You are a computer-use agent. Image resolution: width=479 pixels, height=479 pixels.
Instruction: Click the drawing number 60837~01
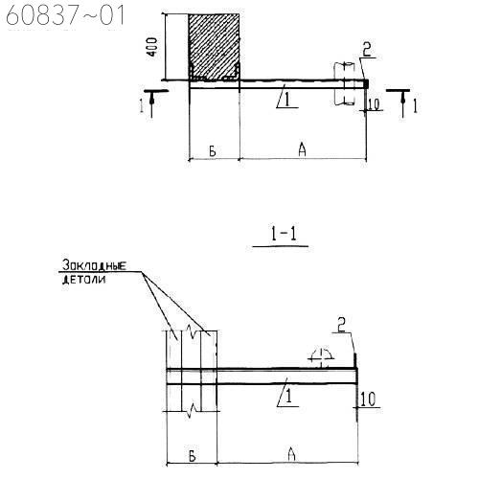point(65,15)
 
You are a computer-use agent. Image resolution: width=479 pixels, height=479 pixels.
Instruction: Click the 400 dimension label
point(152,47)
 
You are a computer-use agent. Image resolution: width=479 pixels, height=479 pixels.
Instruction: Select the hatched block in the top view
point(214,47)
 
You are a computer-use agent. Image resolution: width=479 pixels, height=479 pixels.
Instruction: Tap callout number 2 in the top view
point(367,50)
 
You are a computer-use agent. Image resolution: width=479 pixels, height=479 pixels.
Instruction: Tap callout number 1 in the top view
point(286,99)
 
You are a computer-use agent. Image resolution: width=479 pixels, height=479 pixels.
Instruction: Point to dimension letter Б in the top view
point(213,150)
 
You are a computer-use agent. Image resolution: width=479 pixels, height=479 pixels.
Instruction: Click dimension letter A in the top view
point(302,149)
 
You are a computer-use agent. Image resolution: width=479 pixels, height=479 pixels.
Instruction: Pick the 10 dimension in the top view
point(374,104)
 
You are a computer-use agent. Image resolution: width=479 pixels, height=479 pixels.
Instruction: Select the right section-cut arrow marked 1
point(403,103)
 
